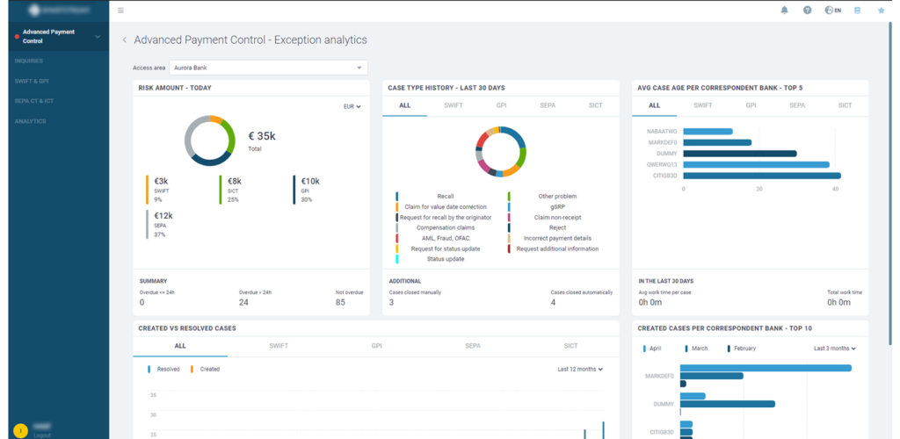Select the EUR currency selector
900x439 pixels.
[352, 106]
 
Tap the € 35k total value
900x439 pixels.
[262, 136]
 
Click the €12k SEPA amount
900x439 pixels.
[163, 215]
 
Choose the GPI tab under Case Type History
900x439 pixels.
[501, 105]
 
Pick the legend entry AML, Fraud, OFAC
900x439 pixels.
[445, 238]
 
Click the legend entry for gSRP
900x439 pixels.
[557, 206]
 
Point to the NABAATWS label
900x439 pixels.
[662, 132]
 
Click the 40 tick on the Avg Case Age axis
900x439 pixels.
[835, 189]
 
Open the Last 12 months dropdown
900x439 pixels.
[580, 370]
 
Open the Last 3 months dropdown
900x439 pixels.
[834, 349]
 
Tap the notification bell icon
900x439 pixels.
[784, 11]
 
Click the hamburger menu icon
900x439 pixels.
[120, 11]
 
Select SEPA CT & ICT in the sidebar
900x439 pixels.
[34, 101]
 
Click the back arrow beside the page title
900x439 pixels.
[125, 40]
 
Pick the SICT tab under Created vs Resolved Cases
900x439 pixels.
[570, 346]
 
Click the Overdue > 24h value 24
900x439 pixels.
[243, 303]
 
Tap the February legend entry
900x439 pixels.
[743, 349]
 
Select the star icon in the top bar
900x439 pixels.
[882, 11]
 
